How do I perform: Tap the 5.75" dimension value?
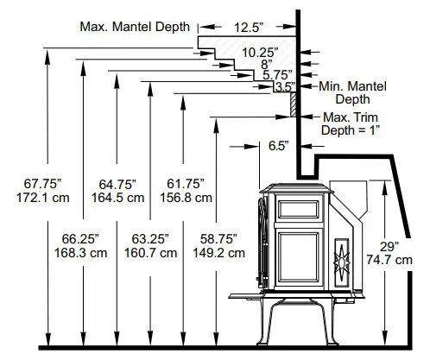278,75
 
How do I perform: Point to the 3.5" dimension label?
282,87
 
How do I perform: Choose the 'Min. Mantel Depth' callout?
351,92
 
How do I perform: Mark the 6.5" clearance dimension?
277,147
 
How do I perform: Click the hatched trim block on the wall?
294,104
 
